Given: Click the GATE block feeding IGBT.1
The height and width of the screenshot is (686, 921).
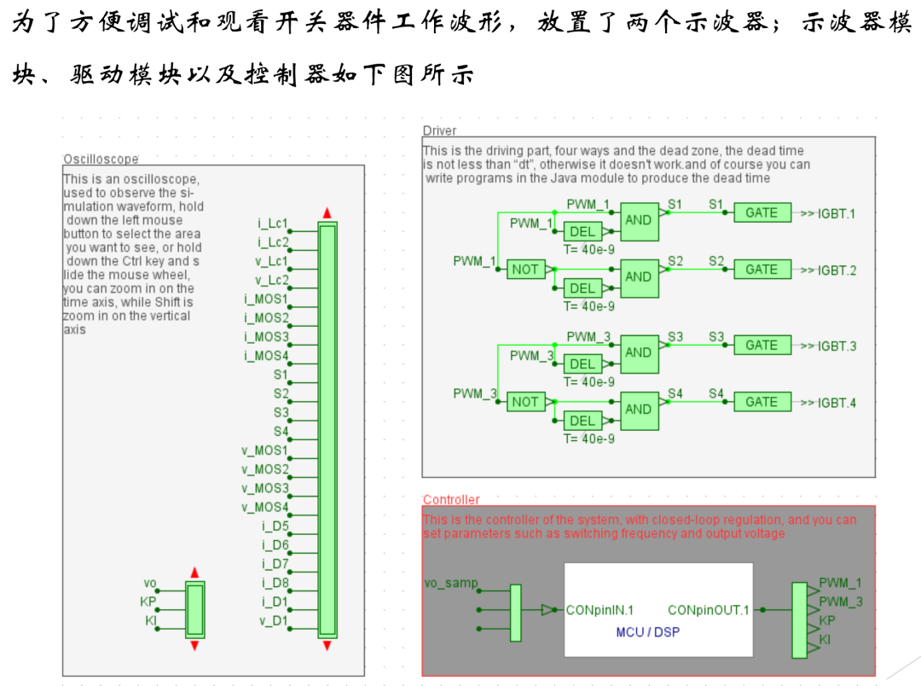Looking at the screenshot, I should (x=762, y=212).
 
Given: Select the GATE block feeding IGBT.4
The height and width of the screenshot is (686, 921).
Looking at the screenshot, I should (x=762, y=402).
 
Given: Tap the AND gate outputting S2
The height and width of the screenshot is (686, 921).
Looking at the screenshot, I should (x=639, y=276).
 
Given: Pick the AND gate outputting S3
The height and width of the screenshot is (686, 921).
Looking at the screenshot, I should (x=639, y=352).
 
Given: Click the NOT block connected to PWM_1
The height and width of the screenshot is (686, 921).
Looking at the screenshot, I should (x=525, y=270).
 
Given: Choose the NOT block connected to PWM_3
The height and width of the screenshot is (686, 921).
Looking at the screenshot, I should (x=525, y=402).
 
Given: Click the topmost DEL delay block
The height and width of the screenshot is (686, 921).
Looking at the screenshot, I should (x=582, y=232).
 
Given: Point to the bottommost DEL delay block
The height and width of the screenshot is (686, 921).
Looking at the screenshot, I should (x=582, y=421).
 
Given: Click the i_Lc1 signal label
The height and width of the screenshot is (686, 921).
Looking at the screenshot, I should (x=273, y=224).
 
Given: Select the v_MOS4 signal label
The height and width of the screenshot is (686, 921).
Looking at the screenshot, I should (x=265, y=508).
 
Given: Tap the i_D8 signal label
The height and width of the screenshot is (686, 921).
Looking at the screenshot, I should (x=275, y=584).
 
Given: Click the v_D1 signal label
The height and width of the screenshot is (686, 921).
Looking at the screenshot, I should (x=275, y=622).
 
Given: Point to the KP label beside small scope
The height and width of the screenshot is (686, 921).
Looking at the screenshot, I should (x=148, y=602).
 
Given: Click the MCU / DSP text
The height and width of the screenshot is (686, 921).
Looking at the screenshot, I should (x=648, y=632).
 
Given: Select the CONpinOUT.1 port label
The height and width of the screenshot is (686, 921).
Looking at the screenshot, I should (x=708, y=611).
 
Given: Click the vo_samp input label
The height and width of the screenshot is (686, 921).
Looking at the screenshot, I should (x=451, y=584).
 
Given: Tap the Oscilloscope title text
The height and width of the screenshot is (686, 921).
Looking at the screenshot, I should (x=101, y=159).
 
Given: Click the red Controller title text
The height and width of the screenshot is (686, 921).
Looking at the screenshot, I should (x=451, y=500).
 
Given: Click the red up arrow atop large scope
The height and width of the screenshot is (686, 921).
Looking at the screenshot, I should (x=327, y=212).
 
